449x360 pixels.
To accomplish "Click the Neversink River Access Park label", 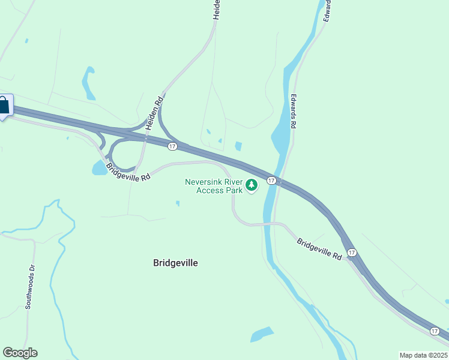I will (x=213, y=186).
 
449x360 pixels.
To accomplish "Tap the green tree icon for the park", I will (x=252, y=185).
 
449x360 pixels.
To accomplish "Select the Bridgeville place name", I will (x=175, y=263).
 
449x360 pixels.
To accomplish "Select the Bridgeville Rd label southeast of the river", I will (x=319, y=248).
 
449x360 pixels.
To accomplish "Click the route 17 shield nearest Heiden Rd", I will (x=173, y=146).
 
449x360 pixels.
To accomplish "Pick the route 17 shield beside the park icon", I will (x=271, y=181).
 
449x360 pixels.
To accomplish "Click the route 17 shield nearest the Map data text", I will (x=434, y=331).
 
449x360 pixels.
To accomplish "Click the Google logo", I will (x=20, y=353).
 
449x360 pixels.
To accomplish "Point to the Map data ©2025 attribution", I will (x=423, y=355).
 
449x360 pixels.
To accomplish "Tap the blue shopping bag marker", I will (x=4, y=106).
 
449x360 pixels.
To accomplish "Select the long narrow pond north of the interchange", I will (x=89, y=82).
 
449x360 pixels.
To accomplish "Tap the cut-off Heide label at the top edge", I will (x=217, y=10).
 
